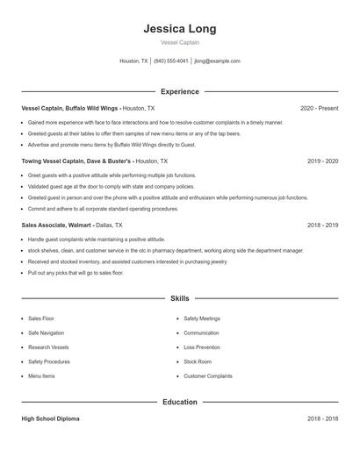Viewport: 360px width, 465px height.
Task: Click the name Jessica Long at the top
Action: [x=180, y=29]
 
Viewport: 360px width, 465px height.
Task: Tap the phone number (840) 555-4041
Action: [x=171, y=61]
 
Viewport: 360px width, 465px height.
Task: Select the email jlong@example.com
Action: [x=217, y=61]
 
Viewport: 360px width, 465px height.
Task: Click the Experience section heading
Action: [x=180, y=91]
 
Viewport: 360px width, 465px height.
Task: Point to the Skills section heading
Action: [x=180, y=298]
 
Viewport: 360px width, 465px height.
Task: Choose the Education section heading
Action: [x=180, y=402]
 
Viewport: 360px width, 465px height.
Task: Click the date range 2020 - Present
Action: [x=319, y=108]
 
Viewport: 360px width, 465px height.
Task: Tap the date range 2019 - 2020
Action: [x=322, y=161]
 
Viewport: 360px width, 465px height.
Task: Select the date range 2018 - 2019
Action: [x=322, y=225]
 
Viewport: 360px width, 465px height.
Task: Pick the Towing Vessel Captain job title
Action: [x=76, y=161]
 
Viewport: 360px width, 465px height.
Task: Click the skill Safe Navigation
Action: [x=46, y=333]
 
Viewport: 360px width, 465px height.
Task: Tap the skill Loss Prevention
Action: [x=202, y=347]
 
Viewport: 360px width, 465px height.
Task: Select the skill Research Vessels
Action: [x=48, y=347]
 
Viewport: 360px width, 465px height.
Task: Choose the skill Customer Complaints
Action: [x=208, y=376]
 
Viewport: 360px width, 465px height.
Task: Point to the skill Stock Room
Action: [x=198, y=361]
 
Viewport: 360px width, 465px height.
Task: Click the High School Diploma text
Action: [x=50, y=419]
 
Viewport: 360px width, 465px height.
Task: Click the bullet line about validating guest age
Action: [x=111, y=187]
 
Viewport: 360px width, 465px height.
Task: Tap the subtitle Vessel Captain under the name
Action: [x=180, y=43]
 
